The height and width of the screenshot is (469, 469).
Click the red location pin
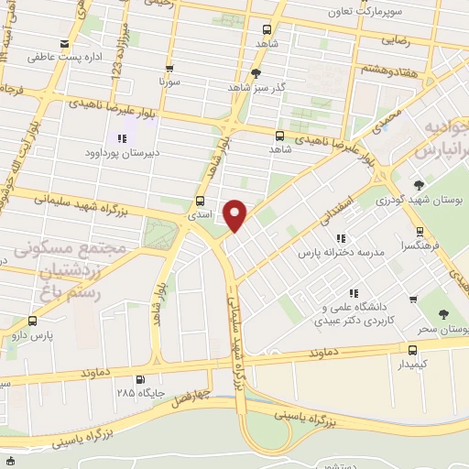coord(235,214)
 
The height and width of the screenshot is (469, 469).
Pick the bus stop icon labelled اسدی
coord(200,202)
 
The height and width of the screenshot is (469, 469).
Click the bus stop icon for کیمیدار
coord(411,348)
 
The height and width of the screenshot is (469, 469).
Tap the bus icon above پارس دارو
coord(33,321)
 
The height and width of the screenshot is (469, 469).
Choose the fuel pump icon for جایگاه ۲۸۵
coord(139,379)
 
